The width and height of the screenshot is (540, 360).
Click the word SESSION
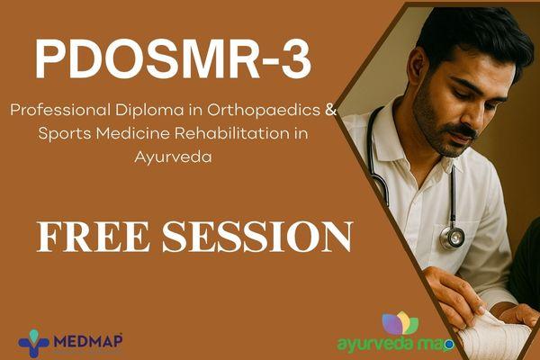[253, 236]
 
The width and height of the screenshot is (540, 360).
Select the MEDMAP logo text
[88, 341]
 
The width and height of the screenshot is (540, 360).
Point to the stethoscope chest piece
[452, 237]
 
